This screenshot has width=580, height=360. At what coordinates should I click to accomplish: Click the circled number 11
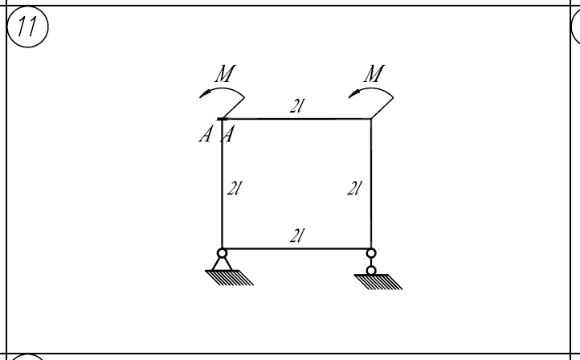[x=28, y=27]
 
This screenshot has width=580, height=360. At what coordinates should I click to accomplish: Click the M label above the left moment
[x=225, y=74]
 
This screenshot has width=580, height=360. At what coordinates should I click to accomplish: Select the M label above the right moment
[x=374, y=74]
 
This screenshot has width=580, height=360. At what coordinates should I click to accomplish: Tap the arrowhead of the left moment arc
[x=205, y=93]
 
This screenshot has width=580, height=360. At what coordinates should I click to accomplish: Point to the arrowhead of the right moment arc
[x=353, y=93]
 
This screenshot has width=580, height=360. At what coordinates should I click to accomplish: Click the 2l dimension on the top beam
[x=297, y=106]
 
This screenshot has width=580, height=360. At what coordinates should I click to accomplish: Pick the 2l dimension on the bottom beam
[x=297, y=235]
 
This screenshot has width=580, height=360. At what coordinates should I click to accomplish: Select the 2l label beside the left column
[x=234, y=188]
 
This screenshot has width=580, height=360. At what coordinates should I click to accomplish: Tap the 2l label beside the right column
[x=354, y=188]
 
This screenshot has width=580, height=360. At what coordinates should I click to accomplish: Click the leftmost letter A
[x=206, y=134]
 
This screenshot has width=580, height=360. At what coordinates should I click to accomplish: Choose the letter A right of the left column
[x=227, y=134]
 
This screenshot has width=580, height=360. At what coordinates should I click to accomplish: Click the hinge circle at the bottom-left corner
[x=222, y=253]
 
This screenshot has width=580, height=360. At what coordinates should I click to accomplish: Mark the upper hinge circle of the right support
[x=371, y=253]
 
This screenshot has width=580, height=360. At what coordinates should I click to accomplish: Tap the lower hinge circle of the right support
[x=371, y=271]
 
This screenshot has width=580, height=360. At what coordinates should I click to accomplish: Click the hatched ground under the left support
[x=229, y=277]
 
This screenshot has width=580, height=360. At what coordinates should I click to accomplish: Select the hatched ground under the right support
[x=378, y=282]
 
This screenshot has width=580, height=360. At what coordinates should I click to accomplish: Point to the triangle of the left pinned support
[x=222, y=264]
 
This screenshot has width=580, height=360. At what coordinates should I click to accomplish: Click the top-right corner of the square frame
[x=371, y=119]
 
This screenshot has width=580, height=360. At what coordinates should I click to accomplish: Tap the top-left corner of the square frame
[x=222, y=119]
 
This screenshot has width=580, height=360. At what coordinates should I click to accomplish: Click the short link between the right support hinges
[x=371, y=262]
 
